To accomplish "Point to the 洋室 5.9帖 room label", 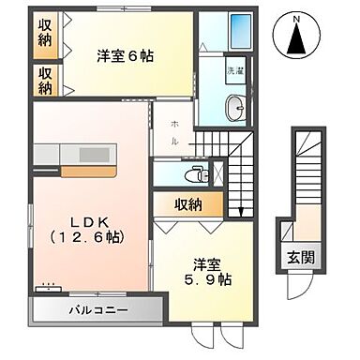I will click(x=207, y=271).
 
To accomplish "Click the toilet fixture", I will click(x=195, y=172).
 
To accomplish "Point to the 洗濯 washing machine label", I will click(x=234, y=70).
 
